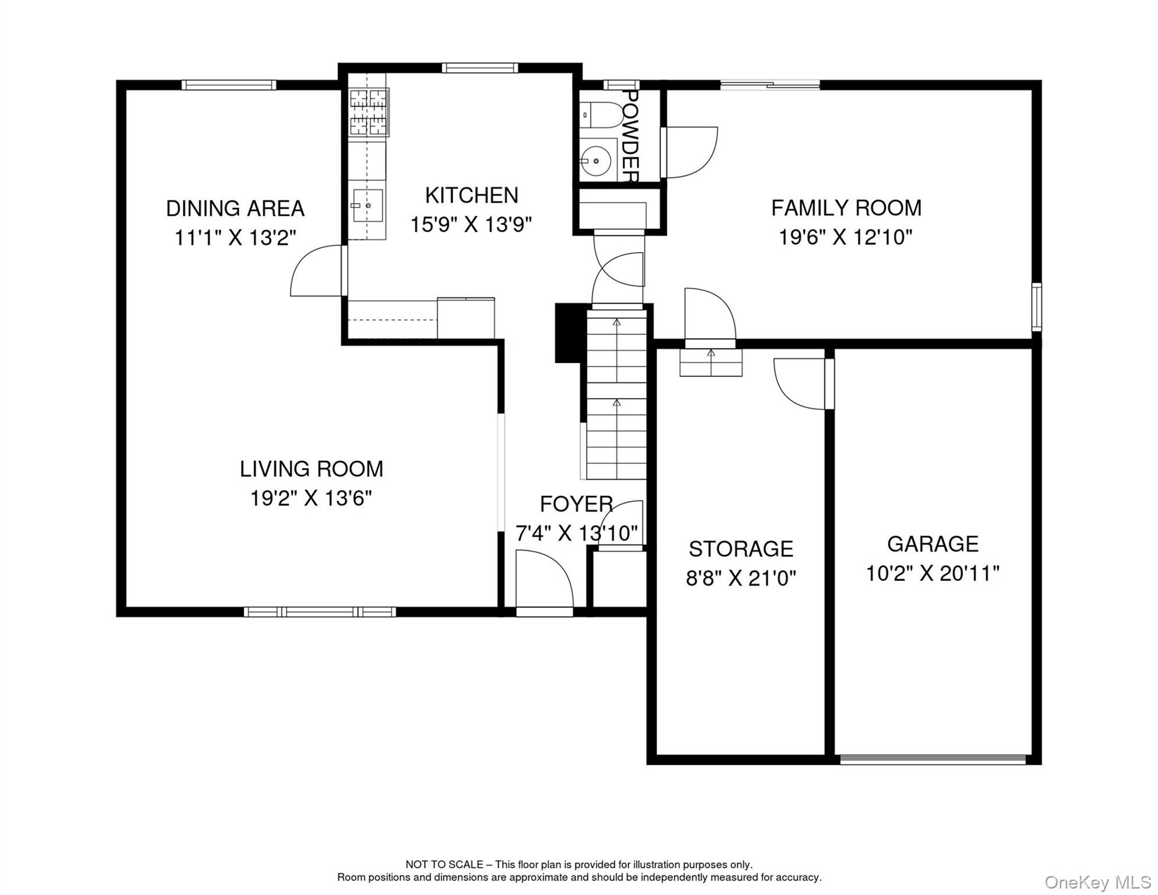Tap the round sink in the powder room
pos(595,160)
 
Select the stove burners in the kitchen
pos(369,112)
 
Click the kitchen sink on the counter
pos(368,205)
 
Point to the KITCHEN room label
pos(471,195)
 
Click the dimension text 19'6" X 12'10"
pos(845,237)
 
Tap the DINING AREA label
pos(235,208)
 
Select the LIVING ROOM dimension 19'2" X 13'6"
pos(310,498)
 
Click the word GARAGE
pos(932,544)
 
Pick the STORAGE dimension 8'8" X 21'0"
pos(740,578)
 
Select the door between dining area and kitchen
pos(317,271)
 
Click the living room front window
pos(319,612)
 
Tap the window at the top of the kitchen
pos(479,68)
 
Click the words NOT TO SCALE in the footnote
pos(444,865)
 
